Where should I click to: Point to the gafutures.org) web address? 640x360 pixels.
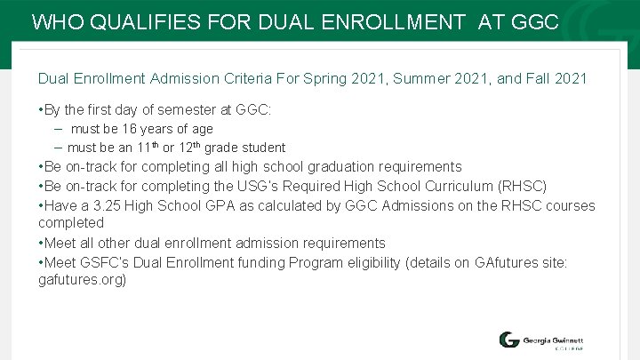83,279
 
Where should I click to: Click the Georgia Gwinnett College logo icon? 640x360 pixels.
509,340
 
